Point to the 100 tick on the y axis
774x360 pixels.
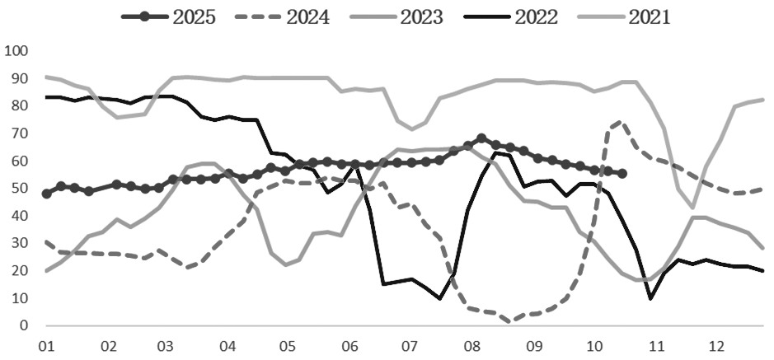tap(16, 51)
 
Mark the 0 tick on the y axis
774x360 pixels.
tap(24, 325)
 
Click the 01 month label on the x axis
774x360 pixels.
tap(46, 344)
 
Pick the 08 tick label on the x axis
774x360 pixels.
tap(471, 344)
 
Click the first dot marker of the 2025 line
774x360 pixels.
tap(46, 194)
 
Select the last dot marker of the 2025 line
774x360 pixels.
tap(622, 174)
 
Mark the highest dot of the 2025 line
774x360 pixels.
tap(481, 138)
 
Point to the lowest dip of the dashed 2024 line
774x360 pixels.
tap(511, 321)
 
